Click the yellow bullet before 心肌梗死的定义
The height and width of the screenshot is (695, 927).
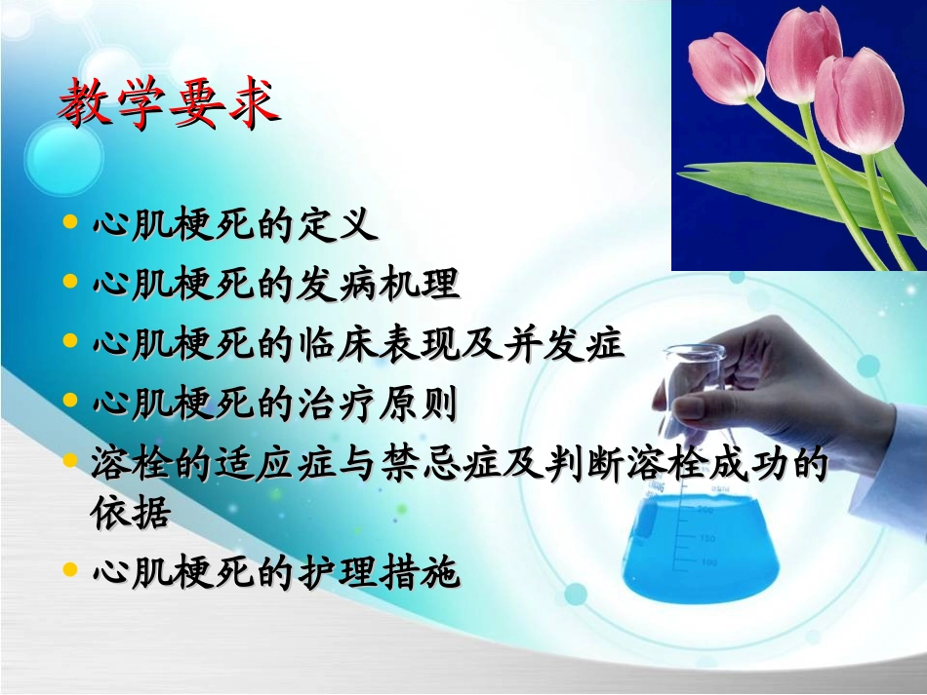(69, 223)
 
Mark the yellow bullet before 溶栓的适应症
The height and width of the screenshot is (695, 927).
(69, 459)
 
